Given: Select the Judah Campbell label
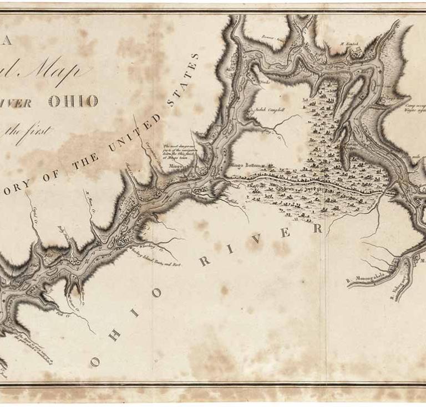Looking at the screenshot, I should [270, 110].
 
